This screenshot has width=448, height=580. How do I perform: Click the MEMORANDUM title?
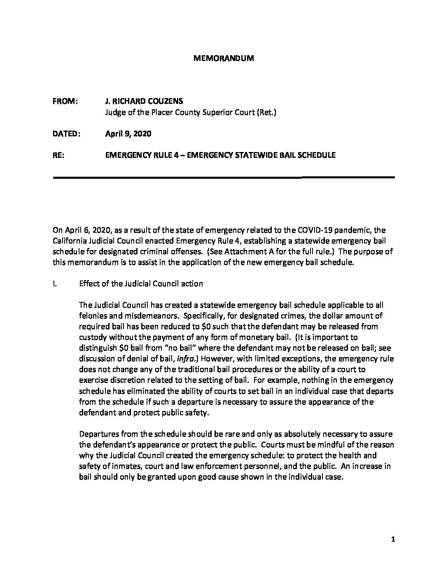click(x=224, y=58)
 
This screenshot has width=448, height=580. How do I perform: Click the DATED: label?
click(x=67, y=134)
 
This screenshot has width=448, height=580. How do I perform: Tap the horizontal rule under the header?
click(x=224, y=177)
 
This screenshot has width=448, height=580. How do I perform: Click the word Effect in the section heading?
click(x=87, y=283)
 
